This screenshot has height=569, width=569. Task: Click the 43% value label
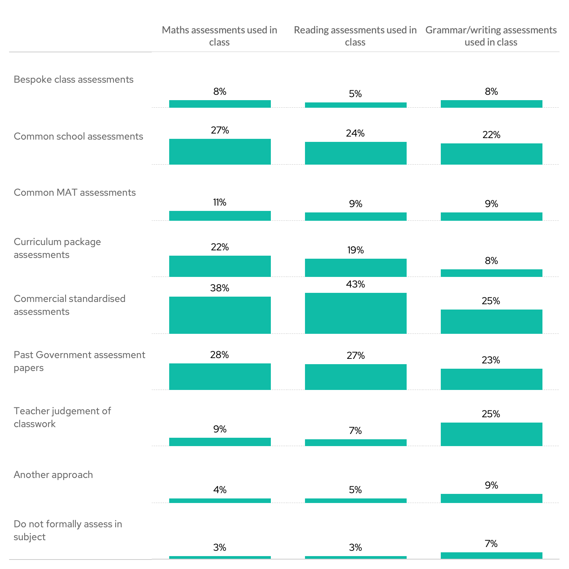[x=355, y=284]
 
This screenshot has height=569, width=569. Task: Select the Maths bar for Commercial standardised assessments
[x=220, y=315]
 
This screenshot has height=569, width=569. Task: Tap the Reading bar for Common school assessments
[x=355, y=153]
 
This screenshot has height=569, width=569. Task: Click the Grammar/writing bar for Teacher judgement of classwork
[x=491, y=434]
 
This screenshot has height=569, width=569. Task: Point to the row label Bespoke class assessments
[x=74, y=80]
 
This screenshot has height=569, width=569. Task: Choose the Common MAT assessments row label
[x=75, y=193]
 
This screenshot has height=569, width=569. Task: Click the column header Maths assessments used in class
[x=219, y=36]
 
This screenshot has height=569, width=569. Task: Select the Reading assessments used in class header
[x=355, y=36]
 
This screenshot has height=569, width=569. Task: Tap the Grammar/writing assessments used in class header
[x=491, y=36]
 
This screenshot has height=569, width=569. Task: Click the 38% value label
[x=220, y=288]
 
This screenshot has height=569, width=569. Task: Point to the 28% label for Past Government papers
[x=220, y=355]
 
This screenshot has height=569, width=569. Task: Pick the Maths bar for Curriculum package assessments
[x=220, y=266]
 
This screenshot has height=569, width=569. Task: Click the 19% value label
[x=355, y=250]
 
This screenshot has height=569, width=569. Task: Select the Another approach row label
[x=53, y=475]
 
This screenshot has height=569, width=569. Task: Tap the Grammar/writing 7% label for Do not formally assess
[x=491, y=544]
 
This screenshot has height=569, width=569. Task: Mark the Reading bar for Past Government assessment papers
[x=355, y=377]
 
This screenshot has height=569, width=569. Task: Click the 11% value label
[x=220, y=203]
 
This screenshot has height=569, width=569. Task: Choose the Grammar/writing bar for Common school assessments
[x=491, y=154]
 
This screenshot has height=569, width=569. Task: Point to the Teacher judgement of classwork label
[x=62, y=417]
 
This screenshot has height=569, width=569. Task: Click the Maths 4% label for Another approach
[x=220, y=490]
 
